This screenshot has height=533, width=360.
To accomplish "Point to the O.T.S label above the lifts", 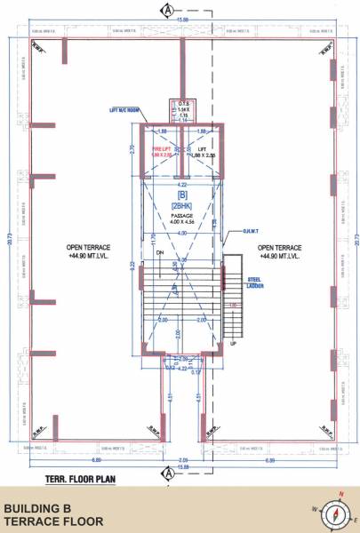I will (x=184, y=100).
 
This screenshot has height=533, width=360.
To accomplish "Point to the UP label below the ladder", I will (x=233, y=343).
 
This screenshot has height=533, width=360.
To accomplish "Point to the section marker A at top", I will (x=166, y=10).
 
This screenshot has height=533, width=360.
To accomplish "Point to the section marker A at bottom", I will (x=166, y=473).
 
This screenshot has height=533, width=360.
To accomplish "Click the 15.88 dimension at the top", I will (x=183, y=20).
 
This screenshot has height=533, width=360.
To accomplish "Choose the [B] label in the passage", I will (x=182, y=193).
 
